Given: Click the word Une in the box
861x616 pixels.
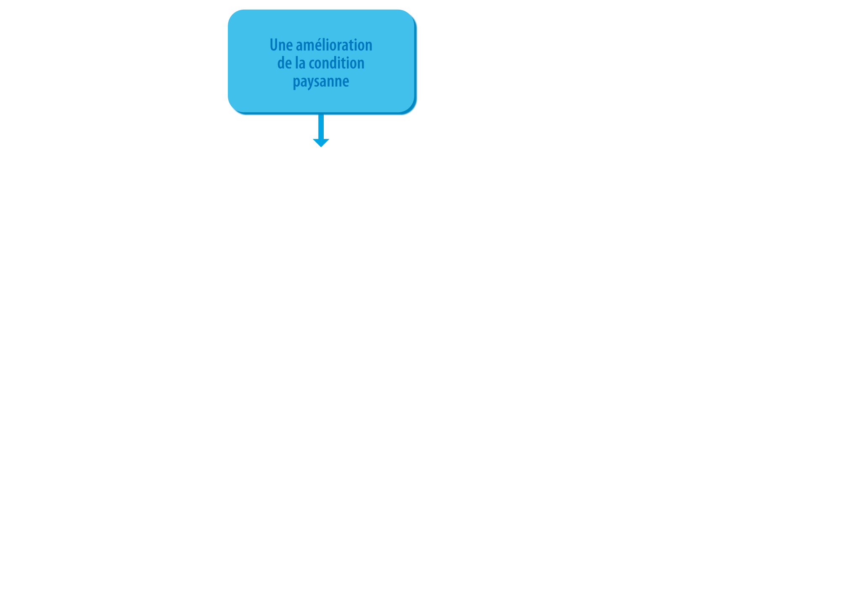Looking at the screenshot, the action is pos(281,45).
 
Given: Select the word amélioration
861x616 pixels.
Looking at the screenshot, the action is pos(334,45).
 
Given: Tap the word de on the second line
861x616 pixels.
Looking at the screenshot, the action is pos(284,63).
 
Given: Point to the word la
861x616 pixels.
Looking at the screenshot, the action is pos(300,63).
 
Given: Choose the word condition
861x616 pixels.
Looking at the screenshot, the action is pos(337,63).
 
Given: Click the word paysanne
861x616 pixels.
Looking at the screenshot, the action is pos(321,82).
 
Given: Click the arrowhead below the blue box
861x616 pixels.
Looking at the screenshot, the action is pos(321,143).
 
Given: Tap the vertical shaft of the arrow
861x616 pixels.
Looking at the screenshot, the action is pos(321,126).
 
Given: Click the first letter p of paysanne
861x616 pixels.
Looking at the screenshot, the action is pos(297,83).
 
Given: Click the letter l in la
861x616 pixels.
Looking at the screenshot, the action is pos(297,63).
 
